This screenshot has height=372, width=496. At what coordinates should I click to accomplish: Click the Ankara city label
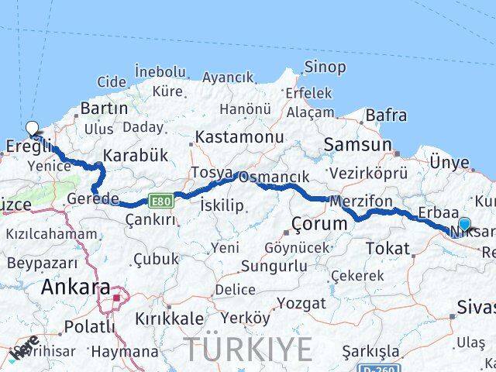(x=75, y=287)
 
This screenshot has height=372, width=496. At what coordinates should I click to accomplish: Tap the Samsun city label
(x=358, y=144)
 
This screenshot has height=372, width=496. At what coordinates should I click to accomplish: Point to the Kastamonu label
(x=228, y=136)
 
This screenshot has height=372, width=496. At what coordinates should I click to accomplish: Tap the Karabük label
(x=135, y=155)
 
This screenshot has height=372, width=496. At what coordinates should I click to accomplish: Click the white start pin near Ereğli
(x=32, y=129)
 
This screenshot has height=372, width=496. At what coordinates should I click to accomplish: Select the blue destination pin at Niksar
(x=463, y=225)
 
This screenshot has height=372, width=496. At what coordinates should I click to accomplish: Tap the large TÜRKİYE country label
(x=247, y=349)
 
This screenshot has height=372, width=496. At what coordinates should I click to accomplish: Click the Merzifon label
(x=360, y=201)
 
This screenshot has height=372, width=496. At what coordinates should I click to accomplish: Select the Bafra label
(x=385, y=115)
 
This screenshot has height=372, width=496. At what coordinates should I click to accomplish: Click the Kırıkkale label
(x=169, y=319)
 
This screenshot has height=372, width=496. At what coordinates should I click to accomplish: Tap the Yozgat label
(x=301, y=302)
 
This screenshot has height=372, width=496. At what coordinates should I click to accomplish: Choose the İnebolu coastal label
(x=160, y=71)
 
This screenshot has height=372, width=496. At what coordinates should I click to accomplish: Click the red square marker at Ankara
(x=117, y=297)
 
